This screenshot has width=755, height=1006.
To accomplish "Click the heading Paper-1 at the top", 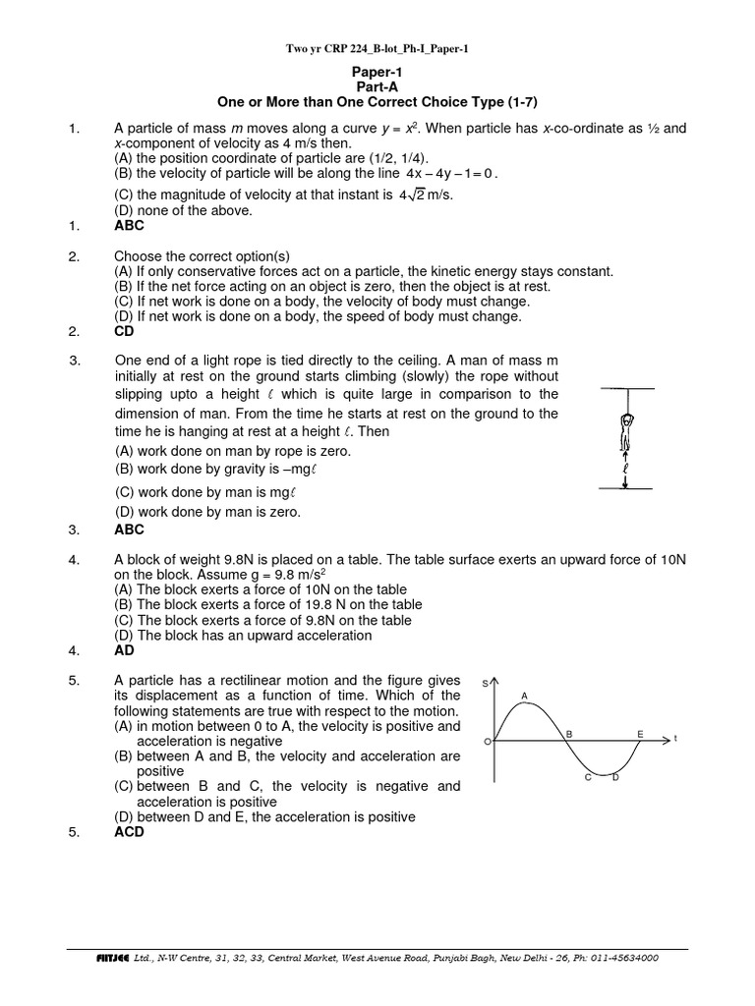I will click(377, 73).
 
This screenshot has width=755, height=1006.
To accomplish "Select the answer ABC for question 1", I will click(130, 225).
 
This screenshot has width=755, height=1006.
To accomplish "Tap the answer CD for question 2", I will click(125, 331).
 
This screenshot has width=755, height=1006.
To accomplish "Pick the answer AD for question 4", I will click(125, 649).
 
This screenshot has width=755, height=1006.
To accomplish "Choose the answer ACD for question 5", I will click(130, 831).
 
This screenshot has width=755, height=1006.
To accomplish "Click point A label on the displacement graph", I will click(524, 696).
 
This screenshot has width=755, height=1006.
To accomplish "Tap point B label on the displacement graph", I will click(568, 733).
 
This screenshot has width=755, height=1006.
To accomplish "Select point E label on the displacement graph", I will click(640, 733).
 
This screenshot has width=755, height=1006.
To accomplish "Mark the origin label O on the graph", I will click(487, 743).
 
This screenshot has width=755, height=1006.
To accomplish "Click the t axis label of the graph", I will click(676, 739).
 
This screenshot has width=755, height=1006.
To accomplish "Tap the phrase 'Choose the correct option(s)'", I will click(203, 255).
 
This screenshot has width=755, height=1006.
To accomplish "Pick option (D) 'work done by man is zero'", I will click(208, 511).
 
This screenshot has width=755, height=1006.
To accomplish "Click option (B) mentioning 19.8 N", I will click(268, 604).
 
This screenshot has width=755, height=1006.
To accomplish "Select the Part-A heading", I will click(377, 87).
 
